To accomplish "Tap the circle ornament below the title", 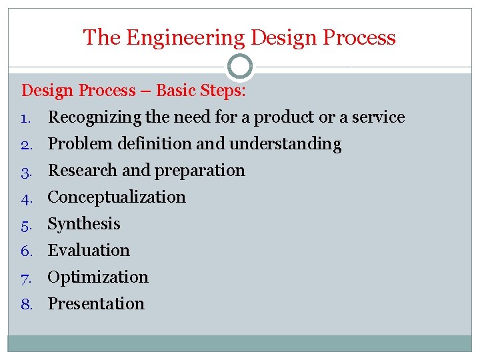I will click(240, 67).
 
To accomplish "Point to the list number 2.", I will click(27, 145).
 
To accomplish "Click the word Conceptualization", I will click(117, 197).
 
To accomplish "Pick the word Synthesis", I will click(84, 224).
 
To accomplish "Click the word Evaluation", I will click(89, 251).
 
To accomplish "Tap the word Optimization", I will click(98, 277).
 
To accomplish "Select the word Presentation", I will click(96, 304).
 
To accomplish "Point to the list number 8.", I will click(27, 305).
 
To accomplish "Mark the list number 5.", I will click(27, 225).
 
